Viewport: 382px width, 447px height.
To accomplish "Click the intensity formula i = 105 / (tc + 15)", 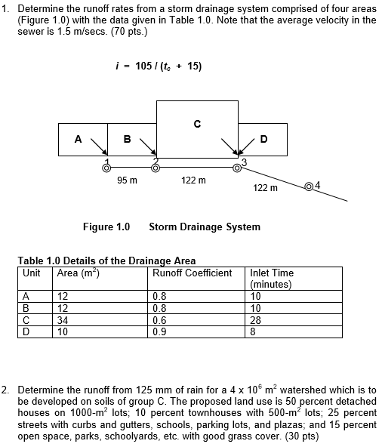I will pos(156,66).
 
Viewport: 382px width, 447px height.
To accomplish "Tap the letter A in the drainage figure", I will pos(78,139).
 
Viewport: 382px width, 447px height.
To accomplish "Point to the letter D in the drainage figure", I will pos(263,139).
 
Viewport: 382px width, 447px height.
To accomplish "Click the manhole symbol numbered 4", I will pos(308,186).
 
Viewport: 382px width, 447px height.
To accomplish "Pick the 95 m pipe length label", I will pos(128,180).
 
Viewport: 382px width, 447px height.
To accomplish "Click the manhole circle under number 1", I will pos(106,168).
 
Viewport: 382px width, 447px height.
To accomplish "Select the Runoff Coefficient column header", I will pos(192,273).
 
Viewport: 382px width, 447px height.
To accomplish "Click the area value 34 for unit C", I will pos(63,319).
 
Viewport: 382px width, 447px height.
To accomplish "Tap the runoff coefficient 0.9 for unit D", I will pos(159,330).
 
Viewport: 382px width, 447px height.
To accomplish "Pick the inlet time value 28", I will pos(256,319).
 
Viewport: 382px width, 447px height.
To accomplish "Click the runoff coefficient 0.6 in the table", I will pos(159,319).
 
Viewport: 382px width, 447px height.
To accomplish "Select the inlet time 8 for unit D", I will pos(253,330).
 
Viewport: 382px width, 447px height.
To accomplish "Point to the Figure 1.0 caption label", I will pos(106,227).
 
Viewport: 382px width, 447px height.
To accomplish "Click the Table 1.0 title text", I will pos(106,261).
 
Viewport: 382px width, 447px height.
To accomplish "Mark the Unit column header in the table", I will pos(32,273).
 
